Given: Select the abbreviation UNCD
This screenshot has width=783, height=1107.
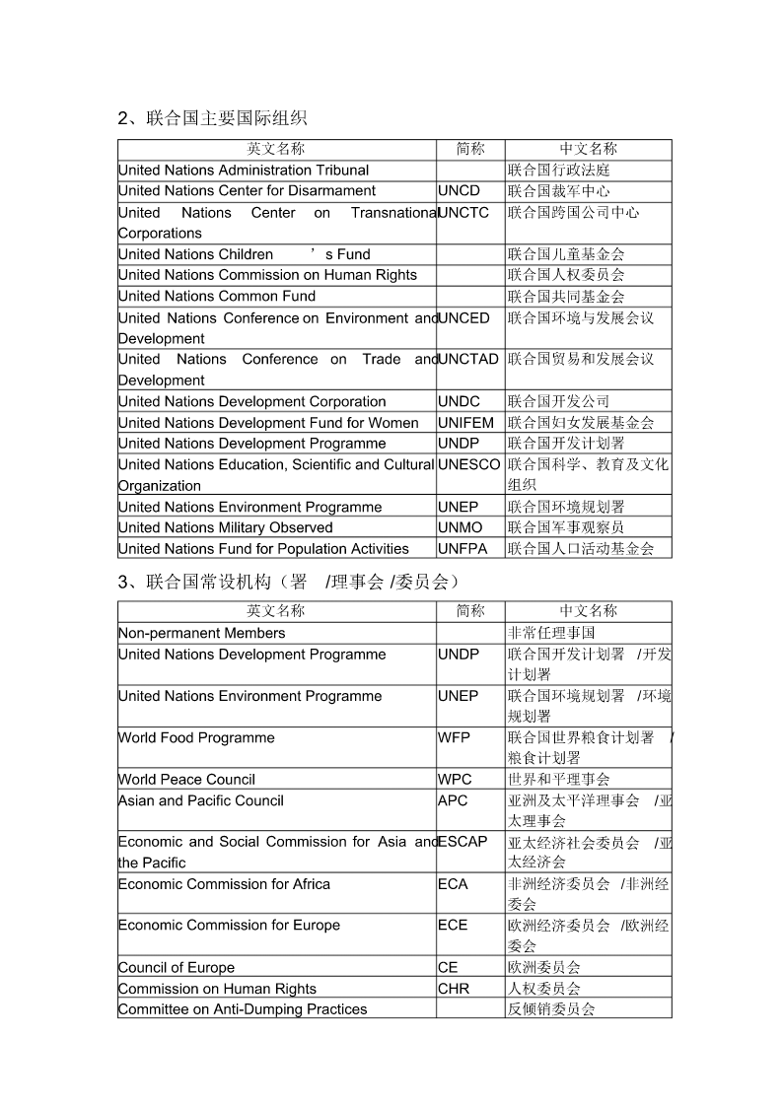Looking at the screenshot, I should click(460, 191).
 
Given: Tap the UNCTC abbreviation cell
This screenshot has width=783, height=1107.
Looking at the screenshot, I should click(463, 213).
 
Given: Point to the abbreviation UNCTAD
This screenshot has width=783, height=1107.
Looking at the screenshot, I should click(468, 360).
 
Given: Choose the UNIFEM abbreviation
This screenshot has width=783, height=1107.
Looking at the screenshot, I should click(466, 423).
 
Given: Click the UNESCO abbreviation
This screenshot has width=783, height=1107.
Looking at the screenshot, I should click(469, 464).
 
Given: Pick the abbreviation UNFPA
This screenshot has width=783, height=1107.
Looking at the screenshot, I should click(463, 549).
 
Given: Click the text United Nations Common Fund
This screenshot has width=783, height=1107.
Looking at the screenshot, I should click(217, 297).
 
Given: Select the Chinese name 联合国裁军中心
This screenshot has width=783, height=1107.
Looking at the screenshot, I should click(558, 191).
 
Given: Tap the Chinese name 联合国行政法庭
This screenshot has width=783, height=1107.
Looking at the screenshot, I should click(558, 171).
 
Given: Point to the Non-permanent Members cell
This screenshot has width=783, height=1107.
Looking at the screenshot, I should click(202, 634).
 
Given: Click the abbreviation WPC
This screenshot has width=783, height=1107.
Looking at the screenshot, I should click(456, 780).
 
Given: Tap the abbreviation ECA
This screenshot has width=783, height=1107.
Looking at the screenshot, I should click(454, 884).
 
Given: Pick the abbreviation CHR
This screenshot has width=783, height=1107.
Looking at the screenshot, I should click(455, 989).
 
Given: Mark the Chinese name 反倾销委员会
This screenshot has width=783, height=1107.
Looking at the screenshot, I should click(551, 1009).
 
